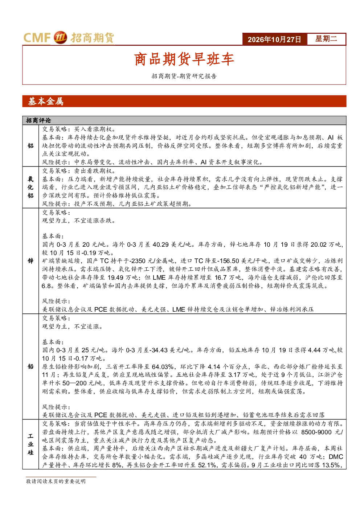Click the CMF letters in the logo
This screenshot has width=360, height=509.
tap(37, 37)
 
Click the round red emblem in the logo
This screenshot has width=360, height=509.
tap(61, 37)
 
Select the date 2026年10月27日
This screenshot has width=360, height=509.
tap(274, 40)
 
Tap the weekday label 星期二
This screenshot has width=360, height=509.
tap(326, 39)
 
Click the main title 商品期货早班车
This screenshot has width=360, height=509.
tap(184, 59)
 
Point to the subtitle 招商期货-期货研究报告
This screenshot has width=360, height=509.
tap(184, 76)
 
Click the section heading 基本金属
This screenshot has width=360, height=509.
tap(46, 101)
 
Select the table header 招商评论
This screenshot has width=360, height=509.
tap(38, 120)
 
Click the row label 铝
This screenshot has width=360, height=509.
tap(30, 145)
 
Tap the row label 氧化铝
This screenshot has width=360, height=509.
tap(30, 187)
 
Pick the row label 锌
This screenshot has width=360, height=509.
tap(30, 261)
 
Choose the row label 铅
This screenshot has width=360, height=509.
tap(30, 366)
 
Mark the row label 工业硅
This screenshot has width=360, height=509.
tap(30, 444)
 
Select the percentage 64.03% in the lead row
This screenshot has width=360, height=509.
tap(163, 367)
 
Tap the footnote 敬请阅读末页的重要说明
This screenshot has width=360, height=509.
tap(56, 481)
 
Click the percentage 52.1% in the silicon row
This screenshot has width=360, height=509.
tap(207, 465)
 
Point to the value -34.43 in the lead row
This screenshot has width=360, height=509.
tap(158, 350)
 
